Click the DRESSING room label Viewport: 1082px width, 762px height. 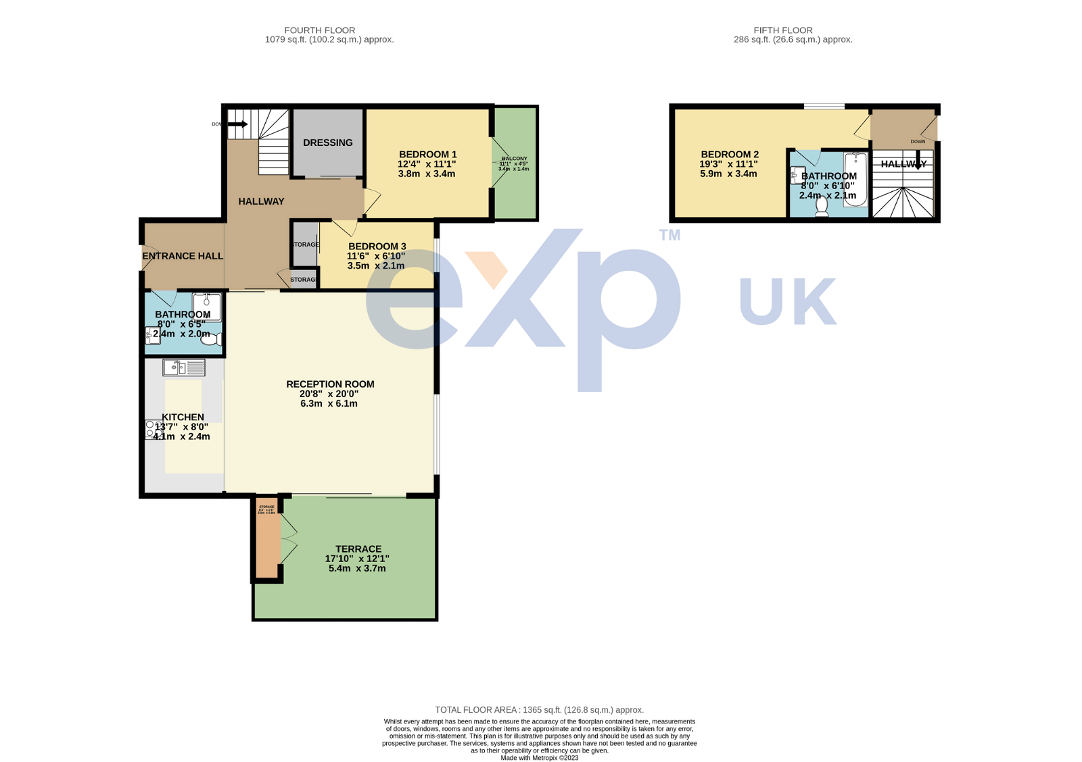click(327, 143)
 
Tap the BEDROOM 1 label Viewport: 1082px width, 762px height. click(427, 155)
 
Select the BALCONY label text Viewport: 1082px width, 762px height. click(514, 159)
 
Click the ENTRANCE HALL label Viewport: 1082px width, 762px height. click(183, 256)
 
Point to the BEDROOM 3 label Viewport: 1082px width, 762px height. click(377, 247)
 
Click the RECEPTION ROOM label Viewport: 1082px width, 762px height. click(330, 384)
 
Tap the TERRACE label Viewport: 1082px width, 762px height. click(358, 549)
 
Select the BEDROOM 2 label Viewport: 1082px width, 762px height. click(730, 155)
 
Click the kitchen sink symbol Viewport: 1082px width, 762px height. click(183, 367)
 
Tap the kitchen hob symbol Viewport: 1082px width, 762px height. click(153, 430)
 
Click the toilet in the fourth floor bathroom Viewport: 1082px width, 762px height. click(212, 340)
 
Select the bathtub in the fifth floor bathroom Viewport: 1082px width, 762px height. click(855, 179)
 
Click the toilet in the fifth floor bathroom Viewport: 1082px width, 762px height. click(822, 206)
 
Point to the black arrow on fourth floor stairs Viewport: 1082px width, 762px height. click(237, 124)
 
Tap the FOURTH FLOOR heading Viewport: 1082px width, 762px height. click(319, 30)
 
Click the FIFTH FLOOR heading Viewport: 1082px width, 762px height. click(783, 30)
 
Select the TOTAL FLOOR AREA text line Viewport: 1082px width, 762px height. click(539, 710)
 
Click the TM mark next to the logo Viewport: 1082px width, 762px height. click(669, 235)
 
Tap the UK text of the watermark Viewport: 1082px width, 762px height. click(788, 301)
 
